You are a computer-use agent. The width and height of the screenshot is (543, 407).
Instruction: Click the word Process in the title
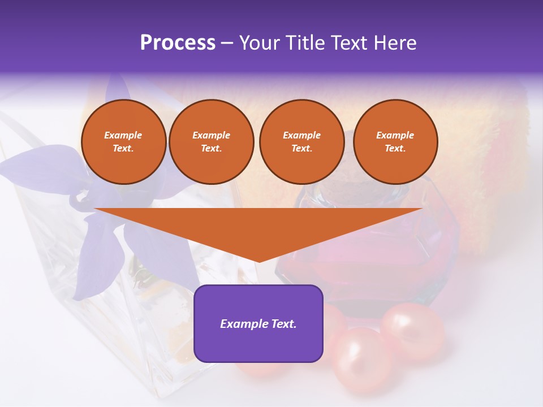tap(178, 43)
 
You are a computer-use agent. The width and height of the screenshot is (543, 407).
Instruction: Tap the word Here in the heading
tap(394, 43)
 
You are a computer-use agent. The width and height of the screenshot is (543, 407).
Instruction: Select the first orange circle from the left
tap(123, 142)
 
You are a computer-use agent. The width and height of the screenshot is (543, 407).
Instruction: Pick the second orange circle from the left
tap(212, 142)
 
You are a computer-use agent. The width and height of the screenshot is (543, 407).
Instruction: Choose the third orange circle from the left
tap(301, 142)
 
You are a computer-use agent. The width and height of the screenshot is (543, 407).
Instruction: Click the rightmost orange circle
tap(395, 142)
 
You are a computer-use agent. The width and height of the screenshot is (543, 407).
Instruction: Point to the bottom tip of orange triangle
tap(258, 261)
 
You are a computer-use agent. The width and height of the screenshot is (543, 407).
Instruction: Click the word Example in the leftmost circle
tap(123, 135)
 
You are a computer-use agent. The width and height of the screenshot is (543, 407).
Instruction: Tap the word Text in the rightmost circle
tap(395, 149)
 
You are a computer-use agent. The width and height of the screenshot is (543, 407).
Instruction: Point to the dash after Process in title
tap(227, 44)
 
